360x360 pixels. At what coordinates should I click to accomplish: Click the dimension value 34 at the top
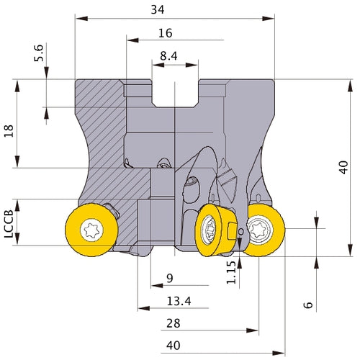tap(158, 10)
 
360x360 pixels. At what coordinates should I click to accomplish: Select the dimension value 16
tap(166, 33)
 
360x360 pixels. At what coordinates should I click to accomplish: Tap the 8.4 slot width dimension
tap(168, 56)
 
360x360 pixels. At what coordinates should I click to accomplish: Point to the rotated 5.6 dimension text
tap(39, 53)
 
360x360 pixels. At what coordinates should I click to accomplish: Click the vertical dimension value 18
tap(9, 131)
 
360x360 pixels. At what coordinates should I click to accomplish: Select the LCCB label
tap(9, 224)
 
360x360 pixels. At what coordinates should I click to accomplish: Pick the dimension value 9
tap(170, 278)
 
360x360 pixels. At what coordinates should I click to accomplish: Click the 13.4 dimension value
tap(179, 301)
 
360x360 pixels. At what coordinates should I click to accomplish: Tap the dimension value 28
tap(174, 323)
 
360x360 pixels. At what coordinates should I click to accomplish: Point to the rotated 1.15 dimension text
tap(231, 272)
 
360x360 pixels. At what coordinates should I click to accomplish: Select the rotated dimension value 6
tap(308, 305)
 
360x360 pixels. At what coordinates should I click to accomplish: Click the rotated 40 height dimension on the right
tap(343, 167)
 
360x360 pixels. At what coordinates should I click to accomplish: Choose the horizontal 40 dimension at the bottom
tap(174, 346)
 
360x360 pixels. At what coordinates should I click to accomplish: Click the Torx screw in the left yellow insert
tap(92, 230)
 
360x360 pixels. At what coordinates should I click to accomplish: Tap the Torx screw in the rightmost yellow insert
tap(259, 230)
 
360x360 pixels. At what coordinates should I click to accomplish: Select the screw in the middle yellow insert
tap(208, 230)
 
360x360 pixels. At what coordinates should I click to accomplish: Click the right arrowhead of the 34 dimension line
tap(269, 19)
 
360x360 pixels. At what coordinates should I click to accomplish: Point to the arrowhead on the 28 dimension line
tap(253, 330)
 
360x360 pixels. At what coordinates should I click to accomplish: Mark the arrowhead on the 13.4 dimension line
tap(144, 308)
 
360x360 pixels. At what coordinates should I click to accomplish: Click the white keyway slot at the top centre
tap(175, 93)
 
